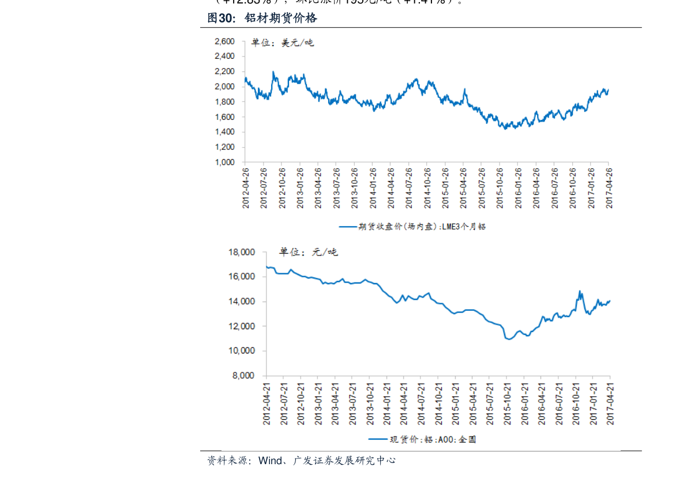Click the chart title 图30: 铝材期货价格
(262, 18)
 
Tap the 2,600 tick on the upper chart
(224, 42)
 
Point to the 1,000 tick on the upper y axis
(224, 163)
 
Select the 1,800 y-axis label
(224, 102)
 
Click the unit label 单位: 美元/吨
(282, 42)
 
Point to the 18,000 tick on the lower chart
(242, 253)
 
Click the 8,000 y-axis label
(244, 376)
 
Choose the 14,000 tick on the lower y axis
(242, 302)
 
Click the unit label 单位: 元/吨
(308, 252)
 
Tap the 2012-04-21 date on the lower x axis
(266, 402)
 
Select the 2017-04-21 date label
(610, 402)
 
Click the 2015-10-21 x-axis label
(506, 402)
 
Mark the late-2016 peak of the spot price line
(580, 291)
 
